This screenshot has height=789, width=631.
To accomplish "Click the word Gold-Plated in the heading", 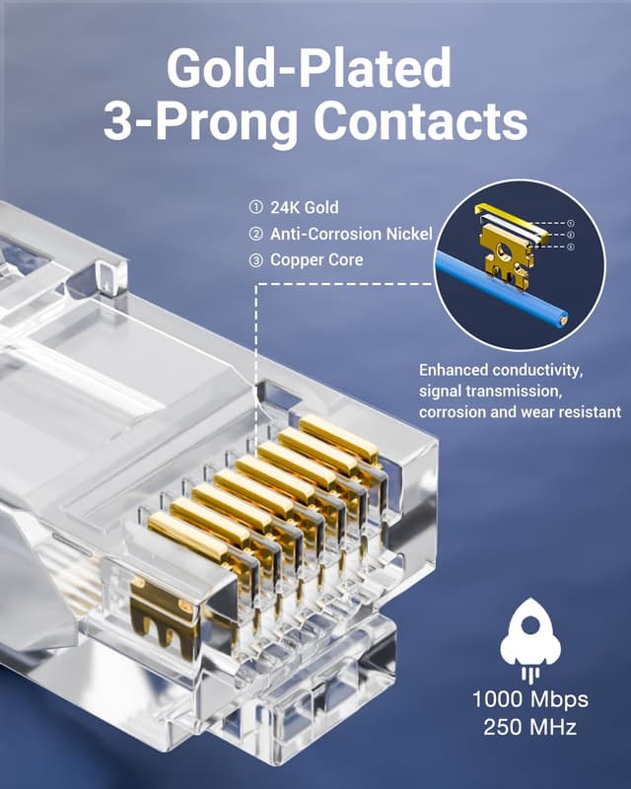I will point(309,69).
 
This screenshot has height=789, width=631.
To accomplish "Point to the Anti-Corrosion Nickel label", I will point(351,234).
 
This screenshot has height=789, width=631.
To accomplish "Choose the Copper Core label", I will point(316,260).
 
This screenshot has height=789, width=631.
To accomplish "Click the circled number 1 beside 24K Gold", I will point(255,208).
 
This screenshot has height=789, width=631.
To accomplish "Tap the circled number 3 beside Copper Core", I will point(255,260).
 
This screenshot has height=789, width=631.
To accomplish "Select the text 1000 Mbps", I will point(530,700).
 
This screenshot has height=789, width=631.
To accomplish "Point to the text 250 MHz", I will point(530,728).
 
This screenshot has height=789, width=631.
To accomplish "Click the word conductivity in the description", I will point(535,371).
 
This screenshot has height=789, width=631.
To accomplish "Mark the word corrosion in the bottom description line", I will point(455,412).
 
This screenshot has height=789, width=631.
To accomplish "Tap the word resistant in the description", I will point(588,412).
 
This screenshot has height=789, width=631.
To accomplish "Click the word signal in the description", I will point(442,392).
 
